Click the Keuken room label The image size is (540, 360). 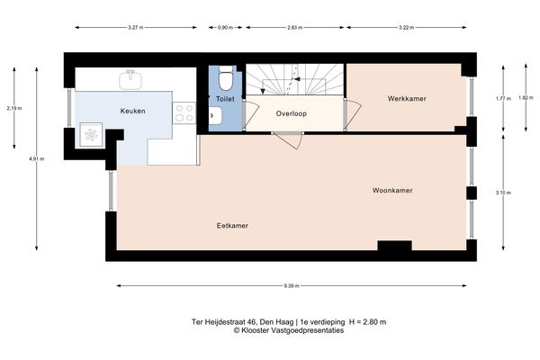(x=133, y=111)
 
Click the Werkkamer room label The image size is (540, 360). (x=407, y=98)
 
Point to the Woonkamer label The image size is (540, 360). (x=392, y=191)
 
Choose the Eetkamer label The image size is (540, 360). (x=232, y=225)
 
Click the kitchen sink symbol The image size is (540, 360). (x=132, y=80)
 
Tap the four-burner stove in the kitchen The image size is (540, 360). (x=184, y=112)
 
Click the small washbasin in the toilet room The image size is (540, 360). (x=215, y=115)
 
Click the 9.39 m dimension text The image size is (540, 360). (x=291, y=286)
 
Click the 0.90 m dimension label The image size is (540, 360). (x=224, y=27)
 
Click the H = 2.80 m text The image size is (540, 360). (x=367, y=321)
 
